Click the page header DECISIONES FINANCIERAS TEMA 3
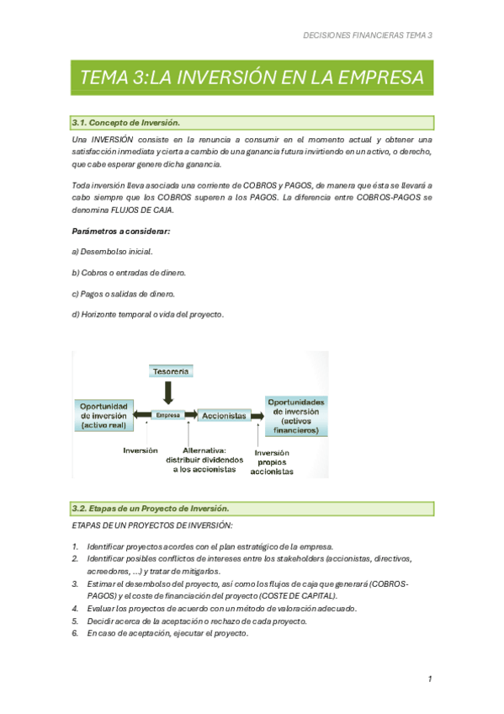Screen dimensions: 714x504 367,35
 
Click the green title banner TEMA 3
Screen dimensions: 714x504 252,78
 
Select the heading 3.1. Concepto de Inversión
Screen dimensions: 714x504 126,123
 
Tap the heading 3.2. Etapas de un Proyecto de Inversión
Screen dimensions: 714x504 151,509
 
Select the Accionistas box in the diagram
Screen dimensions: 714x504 224,415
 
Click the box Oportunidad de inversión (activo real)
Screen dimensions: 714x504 103,416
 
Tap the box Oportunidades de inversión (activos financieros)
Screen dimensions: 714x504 296,416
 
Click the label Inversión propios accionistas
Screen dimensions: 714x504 273,462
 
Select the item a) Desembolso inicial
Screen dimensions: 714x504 112,252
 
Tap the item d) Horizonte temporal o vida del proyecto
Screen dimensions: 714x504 147,314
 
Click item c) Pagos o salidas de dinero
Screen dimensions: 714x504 123,294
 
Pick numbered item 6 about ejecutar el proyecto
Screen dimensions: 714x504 167,633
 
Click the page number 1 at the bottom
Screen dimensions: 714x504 429,679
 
